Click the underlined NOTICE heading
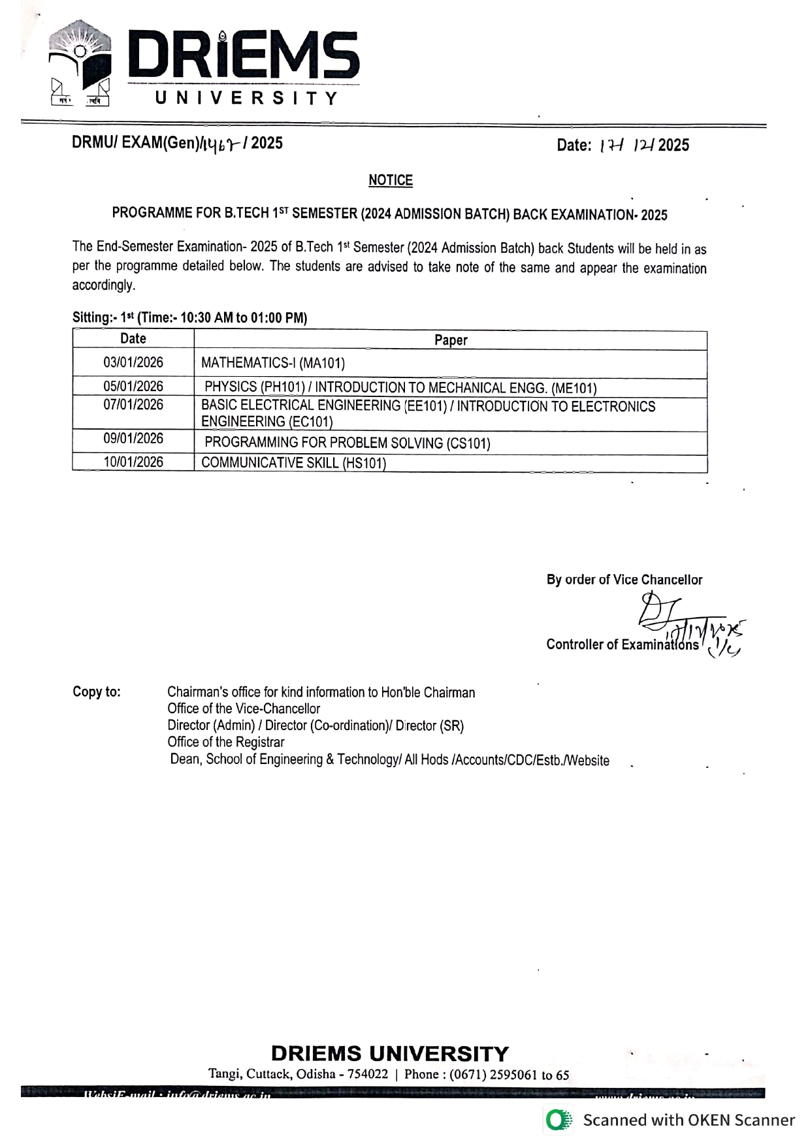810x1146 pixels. tap(391, 180)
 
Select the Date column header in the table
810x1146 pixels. tap(133, 338)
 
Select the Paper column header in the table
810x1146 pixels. tap(451, 340)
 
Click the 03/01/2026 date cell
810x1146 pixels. tap(133, 362)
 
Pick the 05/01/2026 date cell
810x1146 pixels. tap(133, 386)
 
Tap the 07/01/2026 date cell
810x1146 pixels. tap(133, 405)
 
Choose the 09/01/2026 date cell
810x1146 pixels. tap(133, 439)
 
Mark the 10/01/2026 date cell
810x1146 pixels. tap(133, 462)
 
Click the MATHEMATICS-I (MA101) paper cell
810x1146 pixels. tap(273, 363)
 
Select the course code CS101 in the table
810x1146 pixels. tap(469, 443)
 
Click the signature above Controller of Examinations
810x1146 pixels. tap(679, 620)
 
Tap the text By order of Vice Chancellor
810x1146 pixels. tap(624, 580)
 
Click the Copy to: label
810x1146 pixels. tap(97, 692)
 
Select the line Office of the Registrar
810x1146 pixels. tap(226, 742)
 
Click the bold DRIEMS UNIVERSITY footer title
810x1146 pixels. tap(389, 1054)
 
